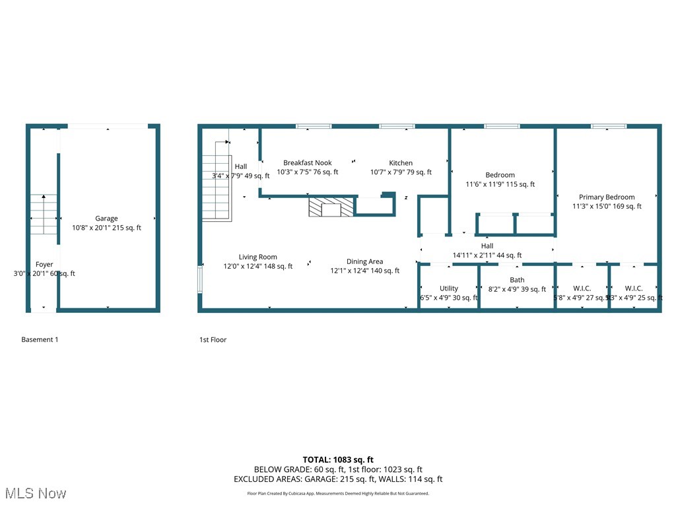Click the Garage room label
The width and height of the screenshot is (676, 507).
click(106, 219)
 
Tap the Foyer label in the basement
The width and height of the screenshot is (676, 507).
click(44, 265)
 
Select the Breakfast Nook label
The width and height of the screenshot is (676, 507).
click(307, 163)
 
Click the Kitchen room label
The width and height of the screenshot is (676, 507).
click(400, 163)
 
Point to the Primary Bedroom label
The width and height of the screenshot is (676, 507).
click(607, 197)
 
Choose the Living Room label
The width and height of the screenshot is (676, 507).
click(257, 257)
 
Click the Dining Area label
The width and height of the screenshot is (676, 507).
click(364, 261)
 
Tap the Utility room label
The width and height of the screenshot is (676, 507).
click(449, 288)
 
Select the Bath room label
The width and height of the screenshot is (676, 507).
click(517, 280)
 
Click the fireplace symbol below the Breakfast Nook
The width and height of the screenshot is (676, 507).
click(331, 207)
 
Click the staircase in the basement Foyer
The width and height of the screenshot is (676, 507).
click(44, 214)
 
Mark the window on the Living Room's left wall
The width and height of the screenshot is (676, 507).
click(201, 279)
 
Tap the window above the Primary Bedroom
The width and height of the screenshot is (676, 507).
click(608, 126)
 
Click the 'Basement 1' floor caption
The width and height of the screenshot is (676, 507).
click(40, 339)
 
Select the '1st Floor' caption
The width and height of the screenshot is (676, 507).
click(213, 339)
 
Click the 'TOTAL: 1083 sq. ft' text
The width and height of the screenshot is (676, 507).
click(338, 459)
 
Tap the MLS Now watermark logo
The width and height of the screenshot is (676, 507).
click(36, 493)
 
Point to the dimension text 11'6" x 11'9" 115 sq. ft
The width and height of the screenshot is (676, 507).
click(500, 185)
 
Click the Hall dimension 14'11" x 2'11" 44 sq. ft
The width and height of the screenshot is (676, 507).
click(487, 255)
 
